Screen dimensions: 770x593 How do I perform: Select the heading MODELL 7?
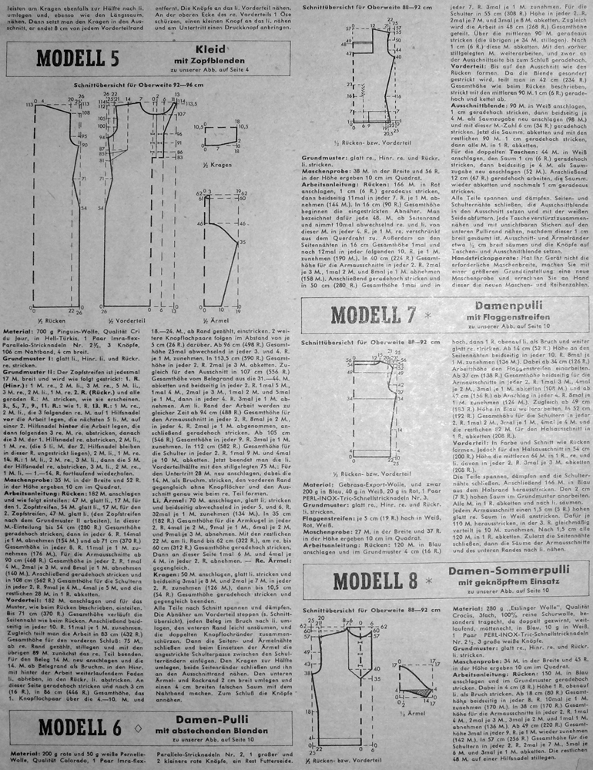(x=372, y=314)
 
